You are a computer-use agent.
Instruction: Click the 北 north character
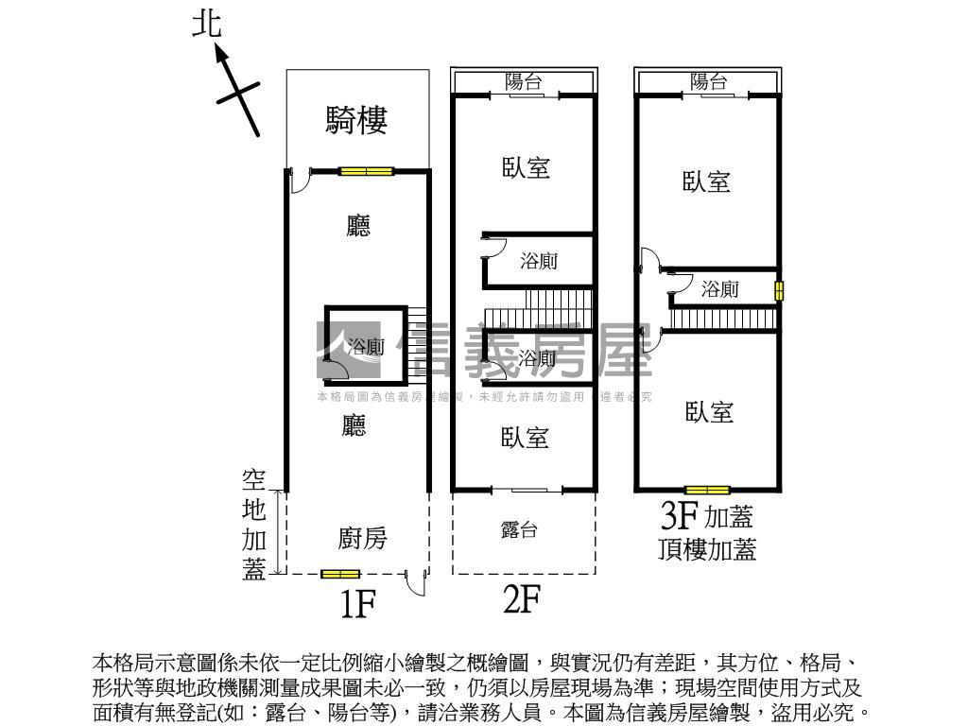(x=207, y=25)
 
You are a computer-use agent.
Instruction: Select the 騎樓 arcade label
(x=356, y=119)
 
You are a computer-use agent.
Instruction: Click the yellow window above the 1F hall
(x=366, y=171)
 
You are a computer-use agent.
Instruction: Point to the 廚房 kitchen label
(x=362, y=539)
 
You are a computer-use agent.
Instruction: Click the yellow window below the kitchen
(x=340, y=574)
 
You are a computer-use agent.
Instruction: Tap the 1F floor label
(x=358, y=603)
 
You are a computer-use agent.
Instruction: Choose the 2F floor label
(x=521, y=598)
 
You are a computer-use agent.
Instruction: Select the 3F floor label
(x=680, y=516)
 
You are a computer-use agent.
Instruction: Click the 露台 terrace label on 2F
(x=519, y=530)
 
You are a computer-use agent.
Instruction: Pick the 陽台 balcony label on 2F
(x=524, y=82)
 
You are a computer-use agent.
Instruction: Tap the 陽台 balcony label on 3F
(x=708, y=82)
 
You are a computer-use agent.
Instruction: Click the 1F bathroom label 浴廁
(x=366, y=347)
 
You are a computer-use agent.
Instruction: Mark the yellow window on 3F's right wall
(x=779, y=291)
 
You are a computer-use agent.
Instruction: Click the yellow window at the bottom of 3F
(x=708, y=490)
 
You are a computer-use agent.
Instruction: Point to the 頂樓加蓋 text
(x=707, y=549)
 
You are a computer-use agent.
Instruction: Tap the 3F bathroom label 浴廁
(x=719, y=290)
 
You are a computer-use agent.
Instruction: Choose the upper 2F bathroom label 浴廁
(x=539, y=262)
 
